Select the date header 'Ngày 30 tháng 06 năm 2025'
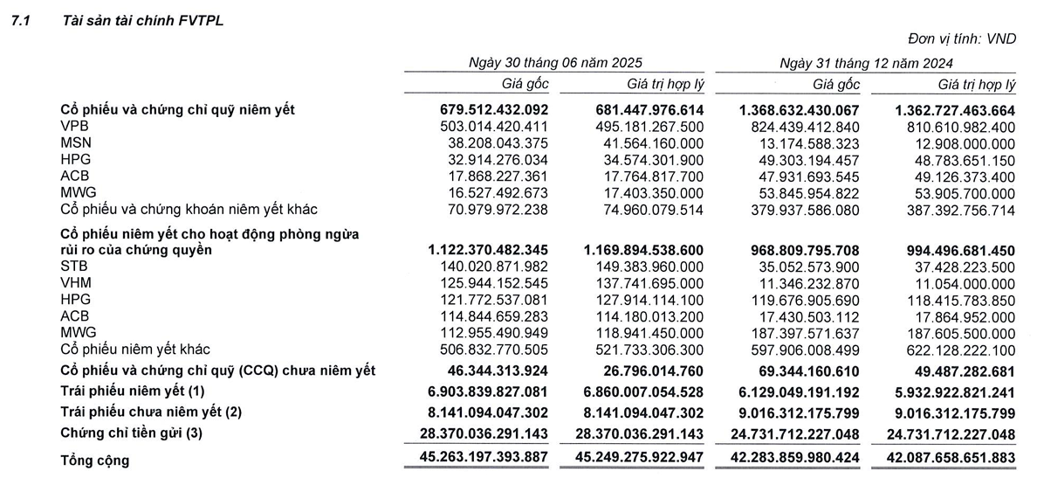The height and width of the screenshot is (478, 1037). [x=555, y=63]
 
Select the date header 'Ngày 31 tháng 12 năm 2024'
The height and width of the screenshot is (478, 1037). [x=867, y=63]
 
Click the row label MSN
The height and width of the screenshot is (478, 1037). [x=74, y=142]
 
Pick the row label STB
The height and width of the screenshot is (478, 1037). [x=73, y=266]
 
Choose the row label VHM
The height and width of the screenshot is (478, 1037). [x=74, y=282]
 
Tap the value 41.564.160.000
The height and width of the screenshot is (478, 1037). [x=645, y=142]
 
